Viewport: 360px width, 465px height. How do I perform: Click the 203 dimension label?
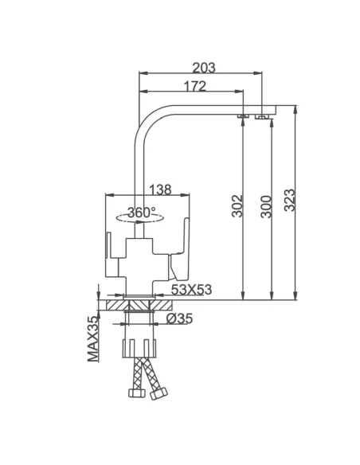tap(204, 68)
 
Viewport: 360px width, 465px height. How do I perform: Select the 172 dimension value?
tap(195, 86)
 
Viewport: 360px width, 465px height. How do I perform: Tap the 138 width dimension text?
tap(160, 190)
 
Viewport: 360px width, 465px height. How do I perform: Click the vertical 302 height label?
tap(237, 205)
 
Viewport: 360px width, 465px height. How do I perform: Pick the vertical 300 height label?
tap(266, 206)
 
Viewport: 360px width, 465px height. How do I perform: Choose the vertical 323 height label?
tap(289, 200)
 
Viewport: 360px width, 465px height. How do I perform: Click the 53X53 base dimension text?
tap(192, 290)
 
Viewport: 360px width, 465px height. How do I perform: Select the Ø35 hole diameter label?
tap(179, 318)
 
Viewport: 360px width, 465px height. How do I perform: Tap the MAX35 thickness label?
tap(93, 339)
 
